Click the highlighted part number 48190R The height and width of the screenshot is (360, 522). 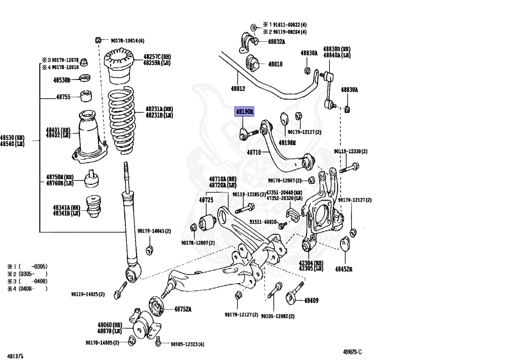tap(244, 112)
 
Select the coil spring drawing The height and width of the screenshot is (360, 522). tap(121, 123)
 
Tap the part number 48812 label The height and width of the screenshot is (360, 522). tap(238, 89)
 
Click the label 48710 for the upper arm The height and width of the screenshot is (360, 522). tap(254, 152)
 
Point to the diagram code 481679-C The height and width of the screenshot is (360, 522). tap(352, 352)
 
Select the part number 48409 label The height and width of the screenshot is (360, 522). tap(311, 300)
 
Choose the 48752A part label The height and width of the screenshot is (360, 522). tap(182, 309)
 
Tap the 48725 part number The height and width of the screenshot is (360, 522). tap(205, 200)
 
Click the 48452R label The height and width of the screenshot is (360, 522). tap(344, 268)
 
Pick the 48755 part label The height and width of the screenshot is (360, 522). tap(63, 97)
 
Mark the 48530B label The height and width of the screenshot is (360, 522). tap(62, 80)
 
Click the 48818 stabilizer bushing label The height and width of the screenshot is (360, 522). tap(275, 65)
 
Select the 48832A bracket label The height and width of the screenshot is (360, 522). tap(276, 41)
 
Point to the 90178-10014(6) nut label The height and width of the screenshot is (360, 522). tap(127, 40)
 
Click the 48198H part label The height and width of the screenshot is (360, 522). tap(287, 143)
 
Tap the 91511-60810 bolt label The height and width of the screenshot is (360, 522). tap(263, 222)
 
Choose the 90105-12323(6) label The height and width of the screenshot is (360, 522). tap(187, 344)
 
